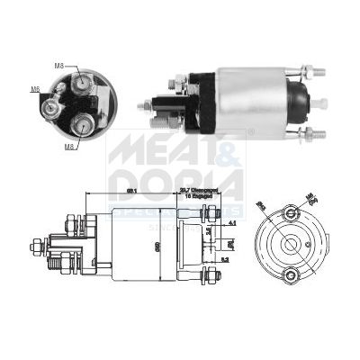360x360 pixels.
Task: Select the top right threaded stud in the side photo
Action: [311, 71]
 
